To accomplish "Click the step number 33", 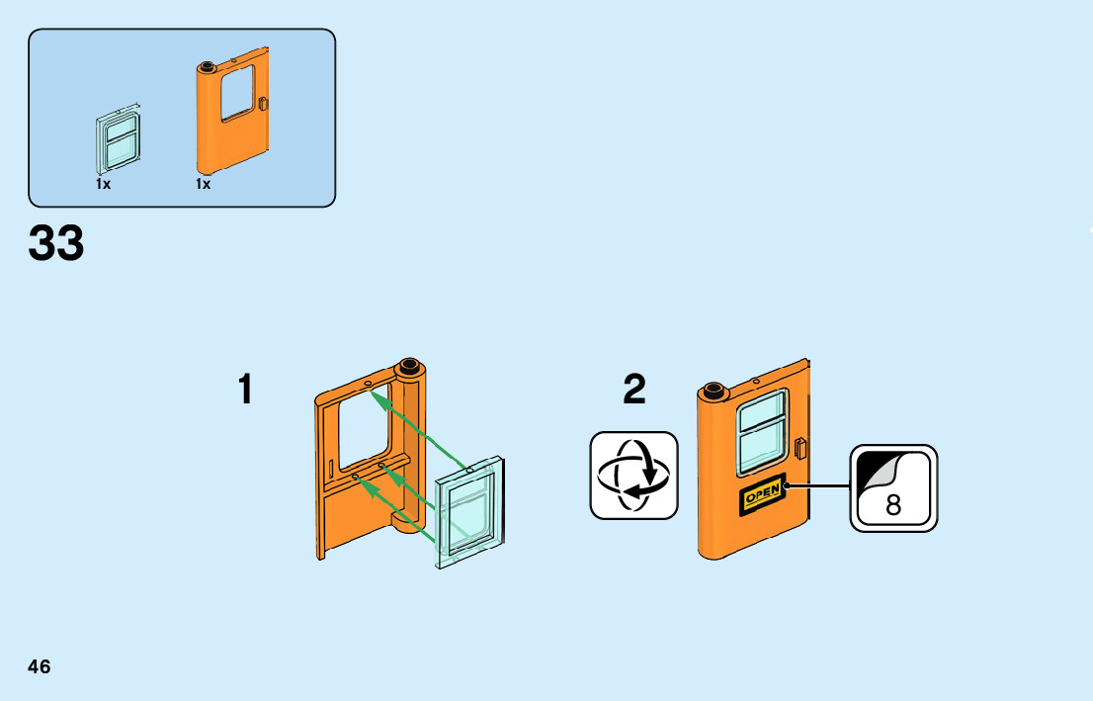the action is [56, 243].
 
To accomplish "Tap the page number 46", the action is [40, 666].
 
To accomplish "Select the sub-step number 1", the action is [245, 390].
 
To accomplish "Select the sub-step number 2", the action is [634, 390].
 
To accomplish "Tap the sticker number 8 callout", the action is [893, 488].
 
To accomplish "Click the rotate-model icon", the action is [634, 475].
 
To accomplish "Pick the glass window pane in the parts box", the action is [119, 143].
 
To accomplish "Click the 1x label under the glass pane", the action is [103, 184].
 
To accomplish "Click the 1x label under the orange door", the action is [204, 184].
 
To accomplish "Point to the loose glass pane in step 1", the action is [470, 512].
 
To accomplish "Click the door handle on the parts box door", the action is [263, 103].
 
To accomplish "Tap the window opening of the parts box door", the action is [237, 92].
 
